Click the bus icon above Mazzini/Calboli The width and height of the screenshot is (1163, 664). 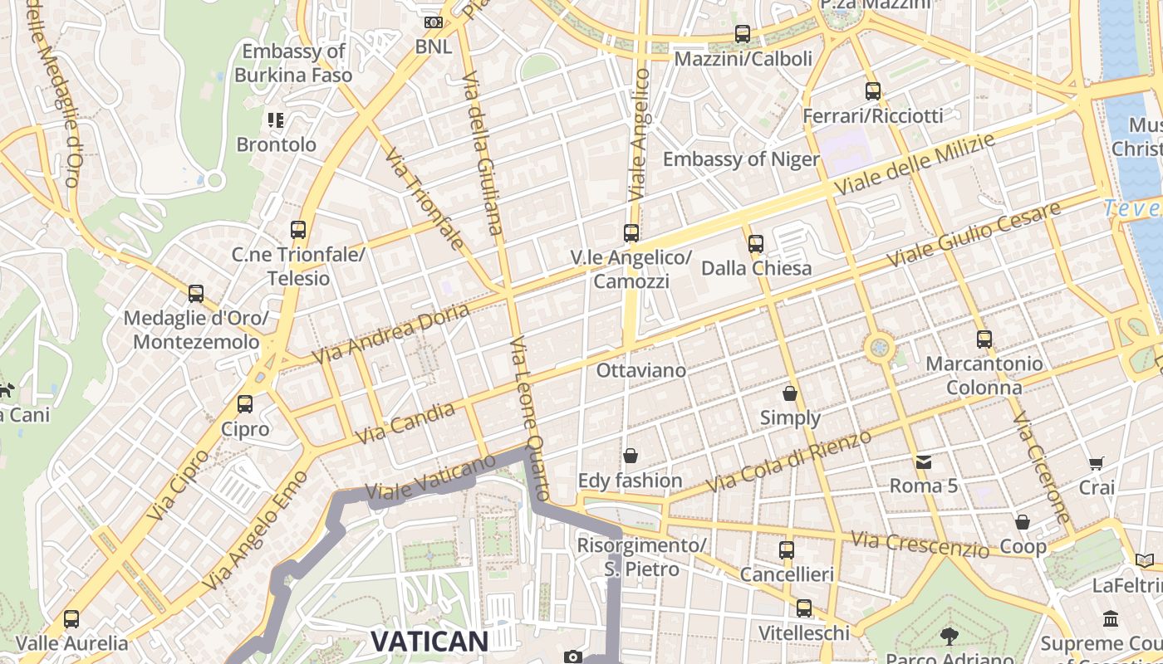point(743,34)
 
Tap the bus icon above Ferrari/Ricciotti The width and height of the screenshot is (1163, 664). point(872,91)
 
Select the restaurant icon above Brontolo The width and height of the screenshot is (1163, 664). point(276,120)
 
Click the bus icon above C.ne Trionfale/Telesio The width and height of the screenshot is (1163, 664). point(298,230)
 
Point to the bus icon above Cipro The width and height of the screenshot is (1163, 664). point(245,404)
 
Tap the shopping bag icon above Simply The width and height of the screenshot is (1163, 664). point(790,393)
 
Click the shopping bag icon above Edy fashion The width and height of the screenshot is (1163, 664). point(631,456)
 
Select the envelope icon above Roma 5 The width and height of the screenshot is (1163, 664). point(924,461)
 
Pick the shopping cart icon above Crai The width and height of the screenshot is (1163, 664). point(1097,463)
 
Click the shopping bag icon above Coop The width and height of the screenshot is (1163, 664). point(1023,522)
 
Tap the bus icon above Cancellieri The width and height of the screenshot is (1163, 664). point(786,549)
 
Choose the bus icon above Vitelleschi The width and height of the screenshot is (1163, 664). point(803,608)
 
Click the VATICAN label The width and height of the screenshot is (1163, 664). point(429,641)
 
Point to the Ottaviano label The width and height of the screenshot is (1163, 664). point(641,370)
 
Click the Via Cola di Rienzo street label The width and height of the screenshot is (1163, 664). point(788,461)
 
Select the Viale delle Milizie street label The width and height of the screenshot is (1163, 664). point(914,164)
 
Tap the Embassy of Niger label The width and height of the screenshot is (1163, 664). point(741,159)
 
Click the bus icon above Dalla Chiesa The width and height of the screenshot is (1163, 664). point(755,244)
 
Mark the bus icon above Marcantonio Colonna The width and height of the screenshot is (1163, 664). point(984,339)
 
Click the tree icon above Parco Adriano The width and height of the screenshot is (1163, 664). point(949,637)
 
